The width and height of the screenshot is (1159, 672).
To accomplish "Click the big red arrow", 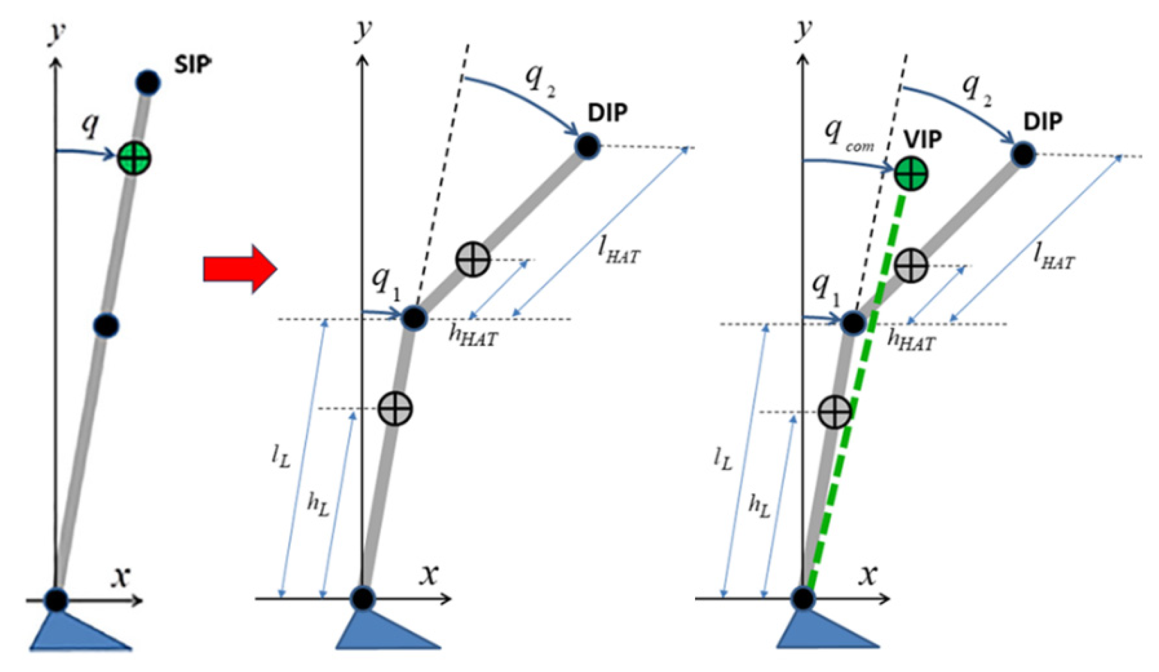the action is pyautogui.click(x=240, y=269).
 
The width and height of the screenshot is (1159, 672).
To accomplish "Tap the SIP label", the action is pyautogui.click(x=192, y=65).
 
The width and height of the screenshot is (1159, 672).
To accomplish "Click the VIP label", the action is pyautogui.click(x=923, y=139).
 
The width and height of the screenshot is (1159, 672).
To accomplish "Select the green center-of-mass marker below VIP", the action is pyautogui.click(x=911, y=174).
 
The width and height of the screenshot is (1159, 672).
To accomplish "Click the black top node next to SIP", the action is pyautogui.click(x=148, y=82).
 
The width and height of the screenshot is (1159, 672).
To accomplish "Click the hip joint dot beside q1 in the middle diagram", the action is pyautogui.click(x=414, y=318).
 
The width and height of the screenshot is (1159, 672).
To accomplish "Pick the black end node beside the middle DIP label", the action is pyautogui.click(x=587, y=146).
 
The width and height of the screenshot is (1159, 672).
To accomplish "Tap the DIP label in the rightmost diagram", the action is pyautogui.click(x=1043, y=121).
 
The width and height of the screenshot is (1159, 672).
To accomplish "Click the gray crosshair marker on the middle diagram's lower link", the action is pyautogui.click(x=396, y=408).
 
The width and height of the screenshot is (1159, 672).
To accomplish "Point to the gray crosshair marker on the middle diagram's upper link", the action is pyautogui.click(x=473, y=259).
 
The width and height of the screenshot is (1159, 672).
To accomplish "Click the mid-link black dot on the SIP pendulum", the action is pyautogui.click(x=106, y=326).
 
